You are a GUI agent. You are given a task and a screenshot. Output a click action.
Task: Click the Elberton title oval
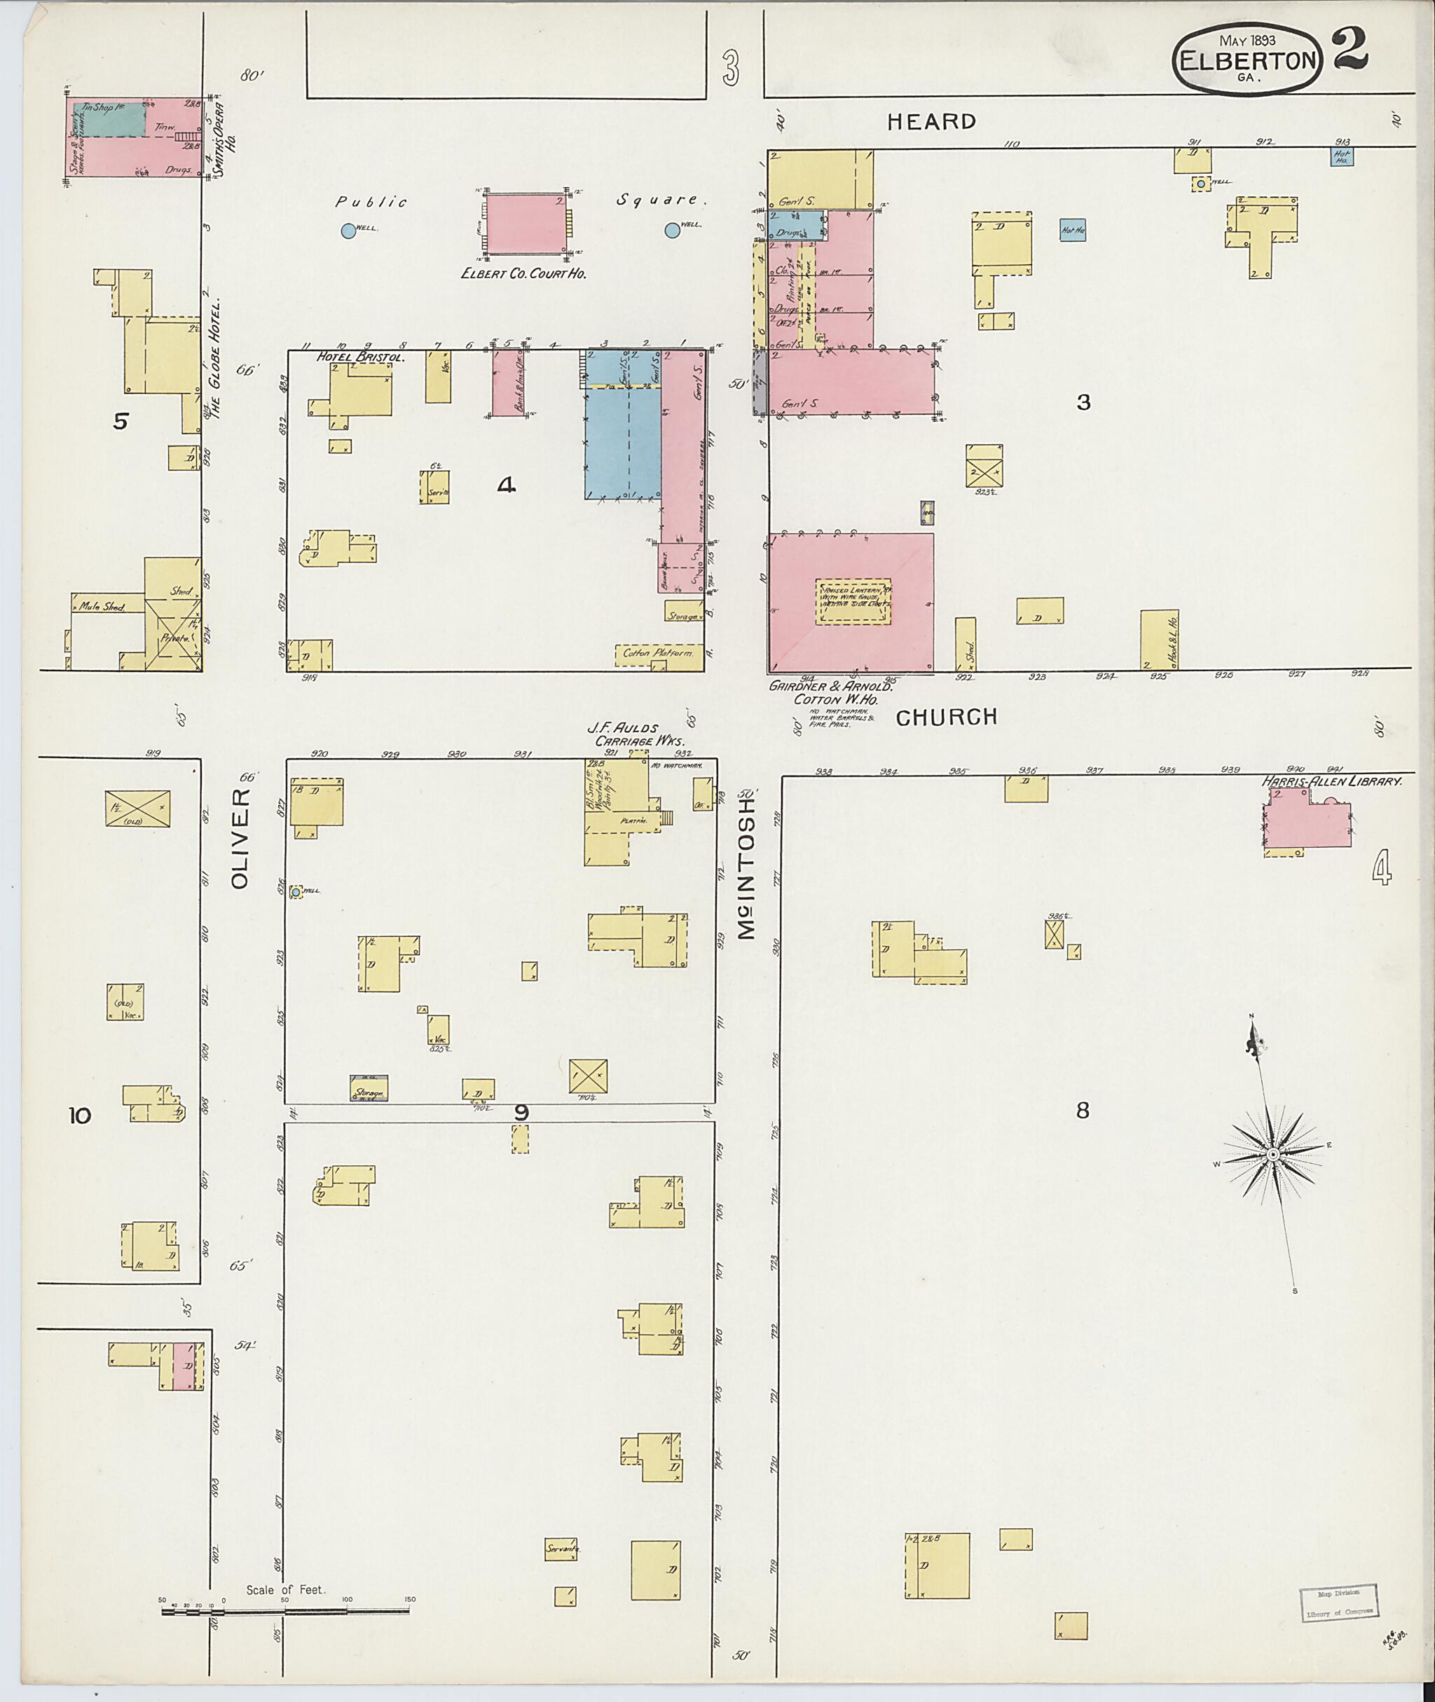pyautogui.click(x=1247, y=60)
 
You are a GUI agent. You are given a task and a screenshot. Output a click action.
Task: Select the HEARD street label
pyautogui.click(x=931, y=122)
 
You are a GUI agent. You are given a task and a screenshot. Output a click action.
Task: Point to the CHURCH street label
pyautogui.click(x=946, y=717)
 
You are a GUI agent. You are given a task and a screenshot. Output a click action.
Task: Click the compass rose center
pyautogui.click(x=1272, y=1155)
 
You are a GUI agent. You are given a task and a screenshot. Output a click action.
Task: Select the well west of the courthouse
pyautogui.click(x=348, y=231)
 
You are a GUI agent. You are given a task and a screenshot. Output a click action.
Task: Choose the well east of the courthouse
pyautogui.click(x=672, y=231)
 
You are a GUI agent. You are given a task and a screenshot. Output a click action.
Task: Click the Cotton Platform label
pyautogui.click(x=658, y=653)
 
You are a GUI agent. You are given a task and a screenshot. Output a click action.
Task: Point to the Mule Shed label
pyautogui.click(x=102, y=606)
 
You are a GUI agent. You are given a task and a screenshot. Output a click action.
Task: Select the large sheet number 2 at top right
pyautogui.click(x=1349, y=49)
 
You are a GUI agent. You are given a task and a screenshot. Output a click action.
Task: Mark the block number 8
pyautogui.click(x=1082, y=1111)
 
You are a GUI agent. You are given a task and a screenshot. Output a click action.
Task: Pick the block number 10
pyautogui.click(x=80, y=1116)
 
